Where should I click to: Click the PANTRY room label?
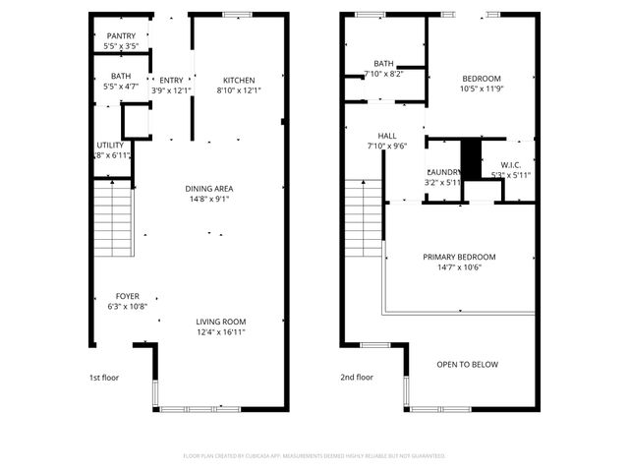click(121, 36)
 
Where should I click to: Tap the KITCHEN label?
click(238, 81)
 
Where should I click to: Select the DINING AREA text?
click(209, 188)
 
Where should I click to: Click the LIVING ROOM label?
click(220, 322)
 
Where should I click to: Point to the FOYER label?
click(127, 295)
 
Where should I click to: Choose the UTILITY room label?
click(110, 146)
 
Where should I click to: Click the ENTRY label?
click(171, 81)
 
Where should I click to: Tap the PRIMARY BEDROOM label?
click(459, 257)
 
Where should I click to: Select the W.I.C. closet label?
click(510, 165)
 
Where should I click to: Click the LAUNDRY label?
click(443, 171)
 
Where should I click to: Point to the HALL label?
click(386, 136)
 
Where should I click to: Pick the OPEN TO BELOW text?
click(467, 365)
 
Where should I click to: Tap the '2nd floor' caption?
click(357, 377)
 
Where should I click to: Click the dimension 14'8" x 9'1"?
click(209, 199)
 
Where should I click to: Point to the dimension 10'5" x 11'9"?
click(482, 89)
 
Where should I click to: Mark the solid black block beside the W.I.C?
click(471, 158)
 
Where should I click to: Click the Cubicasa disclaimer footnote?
click(314, 455)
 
